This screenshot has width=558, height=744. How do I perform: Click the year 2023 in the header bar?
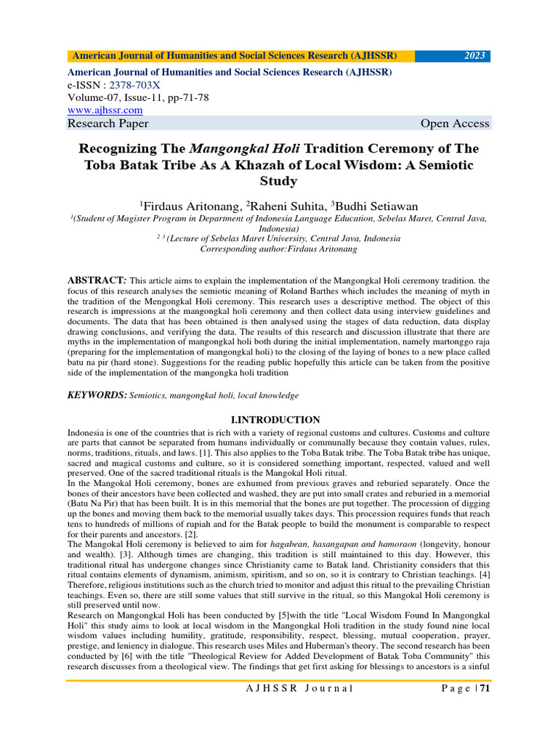click(477, 56)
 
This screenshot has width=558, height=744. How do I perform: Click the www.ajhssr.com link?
click(105, 110)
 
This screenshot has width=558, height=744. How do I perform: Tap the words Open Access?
click(455, 124)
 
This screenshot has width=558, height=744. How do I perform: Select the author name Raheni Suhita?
click(277, 206)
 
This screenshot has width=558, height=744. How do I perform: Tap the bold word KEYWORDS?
click(97, 395)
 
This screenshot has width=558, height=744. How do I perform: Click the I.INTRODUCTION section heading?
click(275, 420)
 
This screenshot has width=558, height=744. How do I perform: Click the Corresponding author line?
click(278, 248)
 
